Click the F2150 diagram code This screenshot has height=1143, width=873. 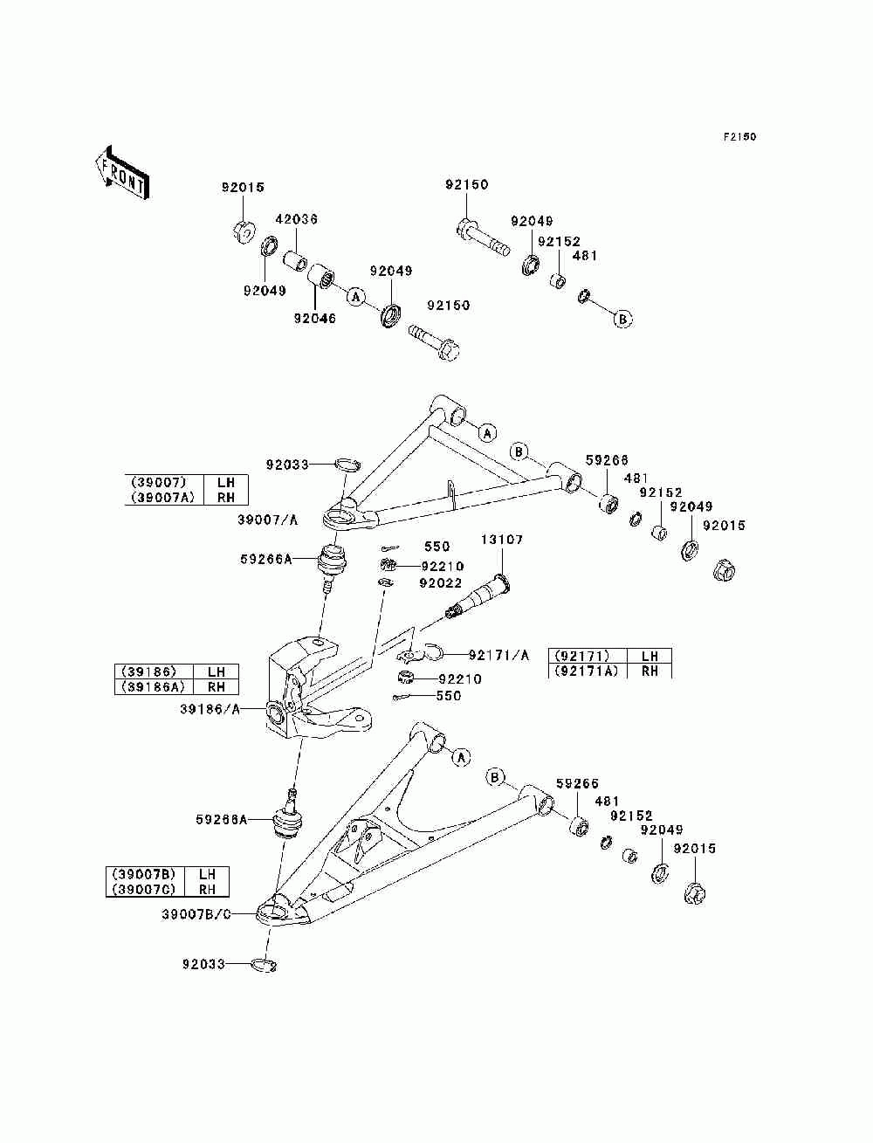pyautogui.click(x=739, y=137)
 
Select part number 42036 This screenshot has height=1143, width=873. pyautogui.click(x=296, y=220)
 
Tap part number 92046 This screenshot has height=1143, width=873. pyautogui.click(x=314, y=319)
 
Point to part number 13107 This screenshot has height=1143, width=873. pyautogui.click(x=502, y=540)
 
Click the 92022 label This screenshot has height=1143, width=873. pyautogui.click(x=440, y=583)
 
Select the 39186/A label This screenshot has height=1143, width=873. pyautogui.click(x=210, y=710)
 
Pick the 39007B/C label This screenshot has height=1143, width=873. pyautogui.click(x=196, y=914)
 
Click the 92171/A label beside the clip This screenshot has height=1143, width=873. pyautogui.click(x=498, y=655)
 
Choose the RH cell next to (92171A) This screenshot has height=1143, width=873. pyautogui.click(x=650, y=671)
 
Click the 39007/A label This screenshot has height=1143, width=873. pyautogui.click(x=267, y=520)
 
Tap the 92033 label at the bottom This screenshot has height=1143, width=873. pyautogui.click(x=203, y=964)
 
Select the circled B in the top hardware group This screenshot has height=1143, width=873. pyautogui.click(x=622, y=319)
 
